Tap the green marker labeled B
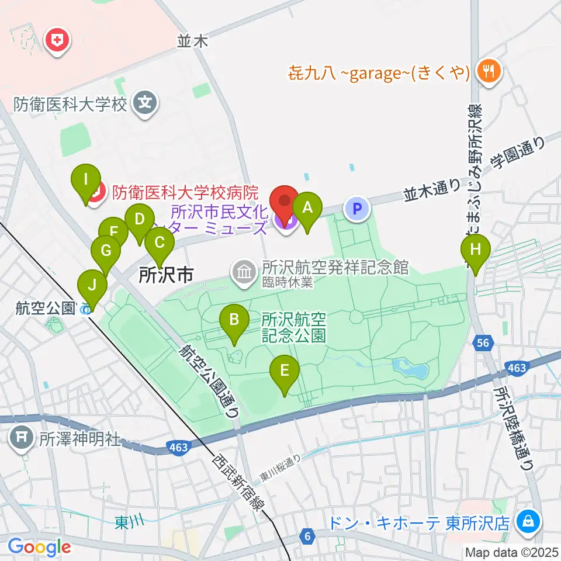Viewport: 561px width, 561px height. [x=234, y=320]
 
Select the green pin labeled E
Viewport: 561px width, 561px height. [x=284, y=370]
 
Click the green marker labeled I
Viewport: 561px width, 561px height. [x=86, y=179]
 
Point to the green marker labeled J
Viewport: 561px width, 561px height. [x=93, y=286]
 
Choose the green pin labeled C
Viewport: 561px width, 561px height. [x=159, y=242]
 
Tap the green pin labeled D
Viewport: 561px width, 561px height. [x=139, y=220]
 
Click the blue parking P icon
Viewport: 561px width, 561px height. [x=358, y=207]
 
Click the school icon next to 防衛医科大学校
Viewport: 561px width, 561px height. [x=144, y=104]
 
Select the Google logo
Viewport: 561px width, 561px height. [x=39, y=546]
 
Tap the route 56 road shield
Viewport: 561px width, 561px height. [x=483, y=344]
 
